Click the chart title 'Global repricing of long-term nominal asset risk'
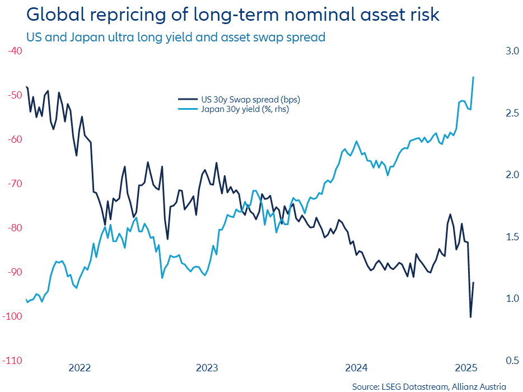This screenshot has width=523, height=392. click(x=233, y=15)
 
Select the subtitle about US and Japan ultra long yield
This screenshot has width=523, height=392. click(x=176, y=38)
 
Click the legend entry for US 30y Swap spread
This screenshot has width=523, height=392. click(x=250, y=100)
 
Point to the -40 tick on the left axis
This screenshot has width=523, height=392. click(x=14, y=51)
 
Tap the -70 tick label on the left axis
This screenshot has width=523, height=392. click(x=14, y=184)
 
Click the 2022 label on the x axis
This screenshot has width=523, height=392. click(x=80, y=368)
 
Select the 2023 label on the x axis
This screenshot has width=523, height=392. click(x=207, y=368)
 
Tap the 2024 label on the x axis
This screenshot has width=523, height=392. click(x=356, y=368)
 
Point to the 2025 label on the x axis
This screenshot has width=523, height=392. click(x=465, y=368)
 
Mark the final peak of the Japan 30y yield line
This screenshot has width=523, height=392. click(x=474, y=77)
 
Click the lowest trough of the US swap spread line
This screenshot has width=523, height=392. click(x=470, y=317)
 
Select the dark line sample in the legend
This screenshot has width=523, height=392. click(x=188, y=100)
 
